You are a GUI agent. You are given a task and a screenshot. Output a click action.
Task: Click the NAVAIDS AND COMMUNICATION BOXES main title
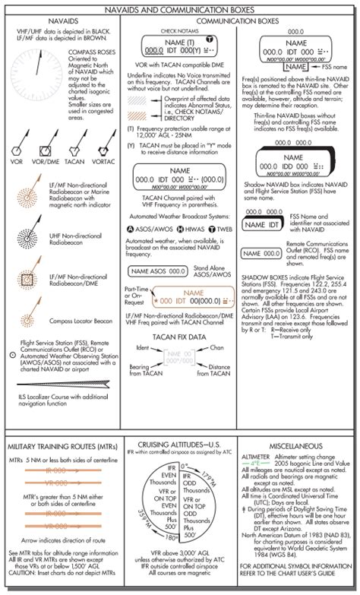tap(180, 7)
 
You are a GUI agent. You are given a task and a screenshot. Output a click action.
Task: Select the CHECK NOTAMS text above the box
tap(155, 31)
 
